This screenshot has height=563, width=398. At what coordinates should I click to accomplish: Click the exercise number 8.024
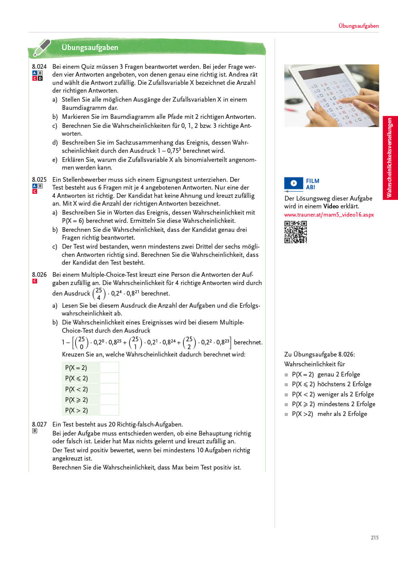point(39,67)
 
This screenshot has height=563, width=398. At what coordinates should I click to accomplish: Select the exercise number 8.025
point(39,180)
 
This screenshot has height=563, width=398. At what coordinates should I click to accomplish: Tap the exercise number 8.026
point(39,275)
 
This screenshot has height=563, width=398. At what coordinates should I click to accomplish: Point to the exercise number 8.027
point(39,424)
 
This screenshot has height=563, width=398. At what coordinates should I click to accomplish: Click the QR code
point(296,232)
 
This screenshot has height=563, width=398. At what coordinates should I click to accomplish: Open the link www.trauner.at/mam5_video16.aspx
point(329,215)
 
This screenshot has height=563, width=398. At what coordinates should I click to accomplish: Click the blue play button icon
point(294,183)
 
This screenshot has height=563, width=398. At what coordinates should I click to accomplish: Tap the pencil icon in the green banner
point(41,47)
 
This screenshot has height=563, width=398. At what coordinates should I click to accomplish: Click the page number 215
point(375,538)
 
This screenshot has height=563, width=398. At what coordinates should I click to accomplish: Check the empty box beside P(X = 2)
point(109,368)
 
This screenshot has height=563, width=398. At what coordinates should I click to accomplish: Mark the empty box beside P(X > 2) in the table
point(109,410)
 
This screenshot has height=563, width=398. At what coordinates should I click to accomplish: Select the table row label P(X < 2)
point(77,389)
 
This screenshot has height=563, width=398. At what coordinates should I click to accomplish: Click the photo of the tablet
point(332,96)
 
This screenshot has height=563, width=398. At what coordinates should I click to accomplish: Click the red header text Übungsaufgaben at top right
point(359,26)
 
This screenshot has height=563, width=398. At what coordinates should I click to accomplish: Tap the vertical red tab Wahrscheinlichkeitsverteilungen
point(390,158)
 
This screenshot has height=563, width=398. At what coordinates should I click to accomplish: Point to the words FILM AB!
point(312,184)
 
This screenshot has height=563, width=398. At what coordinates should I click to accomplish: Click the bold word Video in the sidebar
point(331,206)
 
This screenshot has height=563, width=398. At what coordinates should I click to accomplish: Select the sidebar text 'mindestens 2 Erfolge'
point(346,404)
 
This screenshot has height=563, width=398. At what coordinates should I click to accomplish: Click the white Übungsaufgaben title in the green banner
point(90,47)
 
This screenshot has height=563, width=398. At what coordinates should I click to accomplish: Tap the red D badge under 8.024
point(40,79)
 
